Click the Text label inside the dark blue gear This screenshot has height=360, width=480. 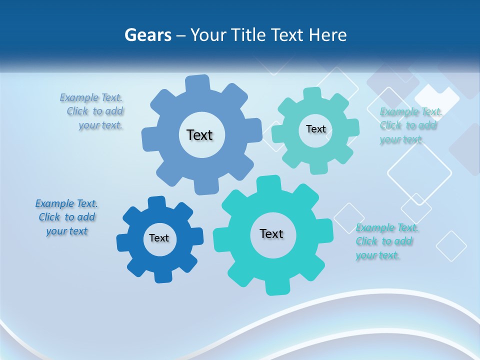point(159,238)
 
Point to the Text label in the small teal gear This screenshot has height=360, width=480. point(315,129)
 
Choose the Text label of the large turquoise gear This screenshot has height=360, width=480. point(271,234)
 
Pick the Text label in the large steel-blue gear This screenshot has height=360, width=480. point(199,135)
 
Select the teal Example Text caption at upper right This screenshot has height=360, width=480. point(410,125)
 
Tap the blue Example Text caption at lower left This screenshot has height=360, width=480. point(66,217)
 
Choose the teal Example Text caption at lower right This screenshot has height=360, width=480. point(386,241)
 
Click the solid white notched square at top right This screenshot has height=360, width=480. point(437,98)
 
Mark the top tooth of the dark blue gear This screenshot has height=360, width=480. point(156,202)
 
